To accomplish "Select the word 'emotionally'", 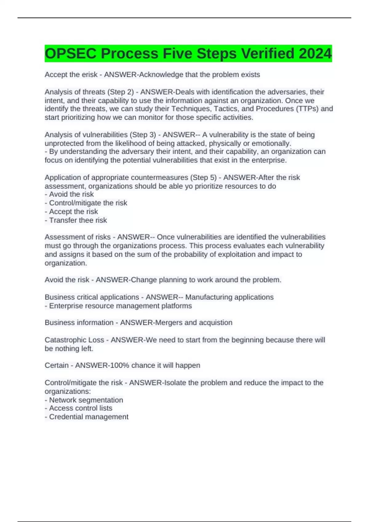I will [271, 143].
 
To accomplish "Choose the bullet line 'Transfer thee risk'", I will [78, 220].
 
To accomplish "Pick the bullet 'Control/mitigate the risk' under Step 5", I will [88, 203].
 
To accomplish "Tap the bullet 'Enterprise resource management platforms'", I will [120, 306].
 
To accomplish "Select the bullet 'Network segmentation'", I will [86, 400].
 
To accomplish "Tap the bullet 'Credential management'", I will [89, 417].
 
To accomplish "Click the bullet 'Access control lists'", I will [81, 408].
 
